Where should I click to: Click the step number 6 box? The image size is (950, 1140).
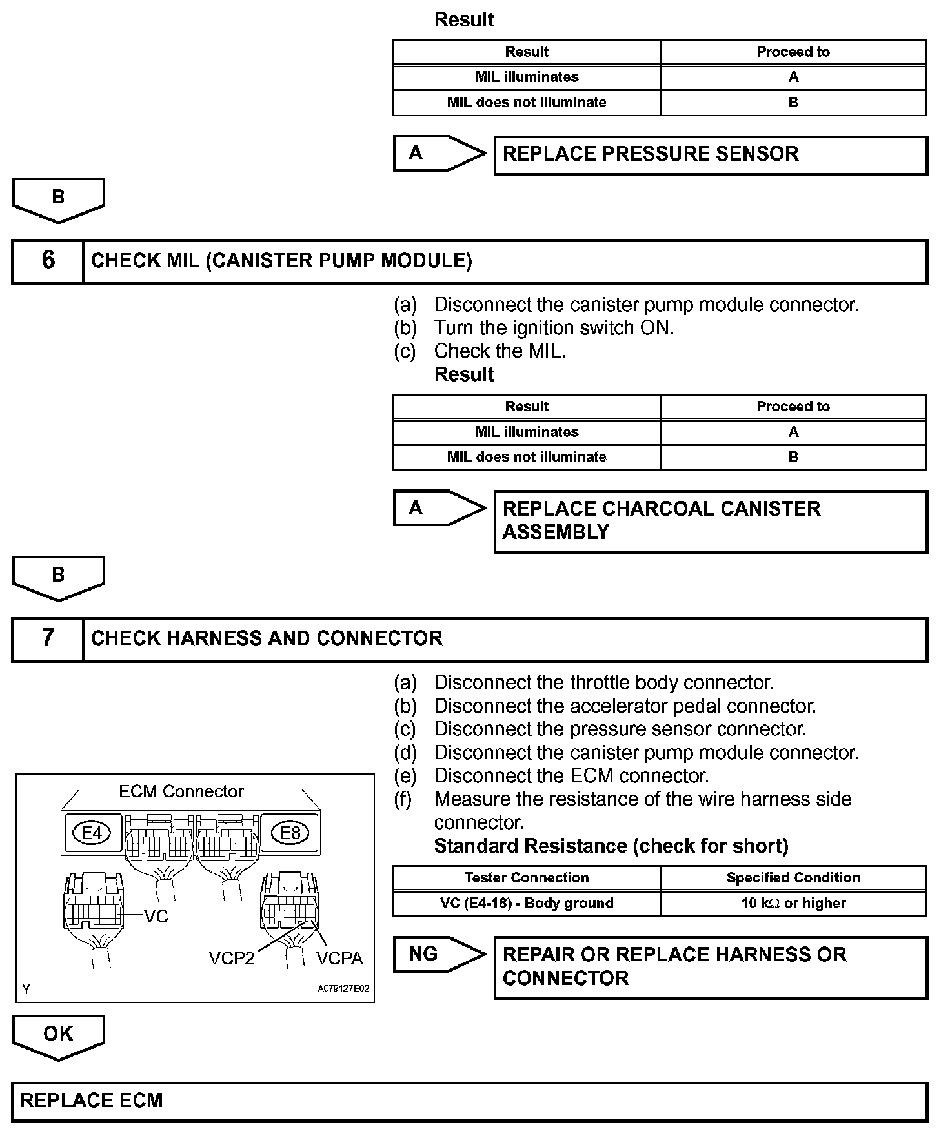pyautogui.click(x=48, y=261)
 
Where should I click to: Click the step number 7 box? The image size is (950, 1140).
pyautogui.click(x=48, y=638)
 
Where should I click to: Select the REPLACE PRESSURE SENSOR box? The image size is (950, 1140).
pyautogui.click(x=710, y=155)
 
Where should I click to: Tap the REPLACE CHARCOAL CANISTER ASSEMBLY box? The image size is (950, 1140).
pyautogui.click(x=710, y=521)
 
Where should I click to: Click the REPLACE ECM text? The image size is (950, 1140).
pyautogui.click(x=92, y=1100)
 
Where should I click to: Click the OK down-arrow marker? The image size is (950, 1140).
pyautogui.click(x=58, y=1035)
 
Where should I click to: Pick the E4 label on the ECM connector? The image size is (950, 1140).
pyautogui.click(x=92, y=833)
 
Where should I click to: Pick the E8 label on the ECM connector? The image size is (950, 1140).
pyautogui.click(x=290, y=833)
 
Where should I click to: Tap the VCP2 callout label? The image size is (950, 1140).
pyautogui.click(x=232, y=958)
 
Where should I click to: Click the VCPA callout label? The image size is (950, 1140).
pyautogui.click(x=339, y=958)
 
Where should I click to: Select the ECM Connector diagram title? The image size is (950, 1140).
pyautogui.click(x=181, y=791)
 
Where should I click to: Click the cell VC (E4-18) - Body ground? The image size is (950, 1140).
pyautogui.click(x=527, y=903)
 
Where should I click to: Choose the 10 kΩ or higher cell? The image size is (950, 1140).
pyautogui.click(x=793, y=903)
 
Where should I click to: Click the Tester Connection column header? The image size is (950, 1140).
pyautogui.click(x=527, y=878)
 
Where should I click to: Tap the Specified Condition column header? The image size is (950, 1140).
pyautogui.click(x=793, y=878)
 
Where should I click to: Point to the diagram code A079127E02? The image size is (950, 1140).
pyautogui.click(x=343, y=988)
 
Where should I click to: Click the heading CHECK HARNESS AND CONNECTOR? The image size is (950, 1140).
pyautogui.click(x=267, y=638)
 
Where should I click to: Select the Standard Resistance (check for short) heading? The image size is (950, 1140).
pyautogui.click(x=611, y=846)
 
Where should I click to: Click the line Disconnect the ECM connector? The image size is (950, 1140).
pyautogui.click(x=571, y=776)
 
